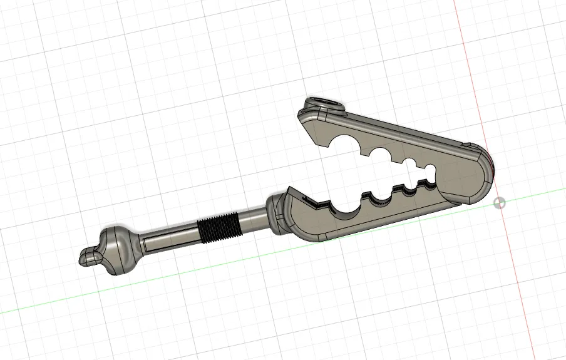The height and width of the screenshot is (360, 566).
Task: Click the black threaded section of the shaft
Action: pyautogui.click(x=218, y=226)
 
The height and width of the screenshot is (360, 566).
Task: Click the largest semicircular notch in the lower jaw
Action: pyautogui.click(x=343, y=208)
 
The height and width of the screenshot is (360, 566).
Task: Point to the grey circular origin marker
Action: pyautogui.click(x=500, y=203)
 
